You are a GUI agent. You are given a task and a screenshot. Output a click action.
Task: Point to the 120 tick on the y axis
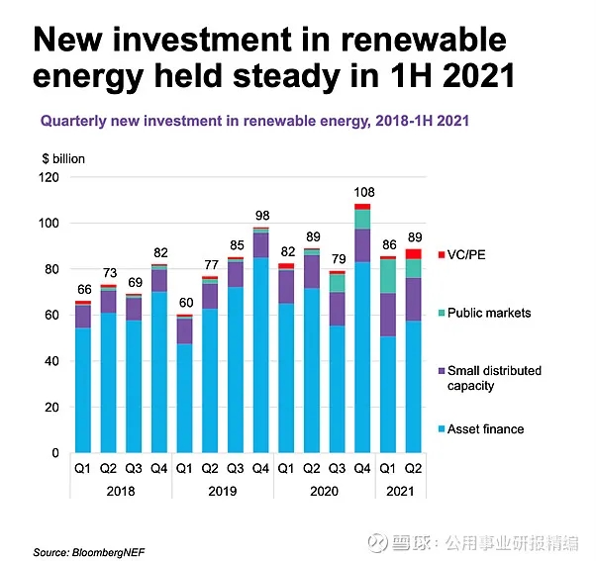(x=50, y=178)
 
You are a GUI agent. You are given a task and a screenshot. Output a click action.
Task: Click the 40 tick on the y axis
(x=52, y=361)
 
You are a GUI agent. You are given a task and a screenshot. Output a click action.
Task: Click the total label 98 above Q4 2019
(x=260, y=216)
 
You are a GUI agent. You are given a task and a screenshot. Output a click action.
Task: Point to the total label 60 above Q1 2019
(x=184, y=303)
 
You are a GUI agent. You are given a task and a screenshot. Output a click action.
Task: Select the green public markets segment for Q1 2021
(x=388, y=276)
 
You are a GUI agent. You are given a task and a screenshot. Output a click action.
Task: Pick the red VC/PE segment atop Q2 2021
(x=413, y=253)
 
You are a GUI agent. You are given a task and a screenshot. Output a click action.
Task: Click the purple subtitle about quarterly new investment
(x=254, y=122)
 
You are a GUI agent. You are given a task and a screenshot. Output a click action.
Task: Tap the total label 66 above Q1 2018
(x=83, y=289)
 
